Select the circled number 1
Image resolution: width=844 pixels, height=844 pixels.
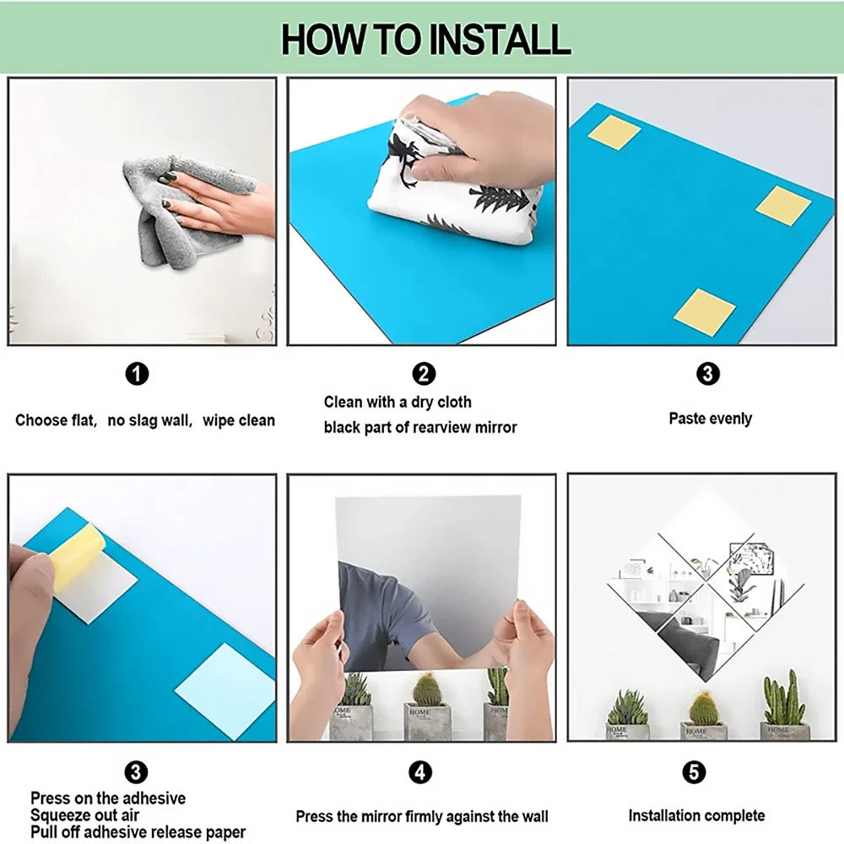pos(137,374)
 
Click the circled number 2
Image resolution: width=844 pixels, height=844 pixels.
pos(424,374)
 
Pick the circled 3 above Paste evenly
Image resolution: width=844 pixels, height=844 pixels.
pos(707,374)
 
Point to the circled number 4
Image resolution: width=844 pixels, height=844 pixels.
pos(419,772)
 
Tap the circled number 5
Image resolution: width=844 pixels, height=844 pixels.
pos(694,772)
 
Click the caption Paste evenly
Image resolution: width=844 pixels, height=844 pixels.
pos(710,419)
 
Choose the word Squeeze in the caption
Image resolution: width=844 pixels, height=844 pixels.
pos(60,815)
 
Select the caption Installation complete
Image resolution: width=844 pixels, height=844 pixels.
pos(696,815)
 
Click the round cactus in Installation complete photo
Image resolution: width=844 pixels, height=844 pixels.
pos(704,708)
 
